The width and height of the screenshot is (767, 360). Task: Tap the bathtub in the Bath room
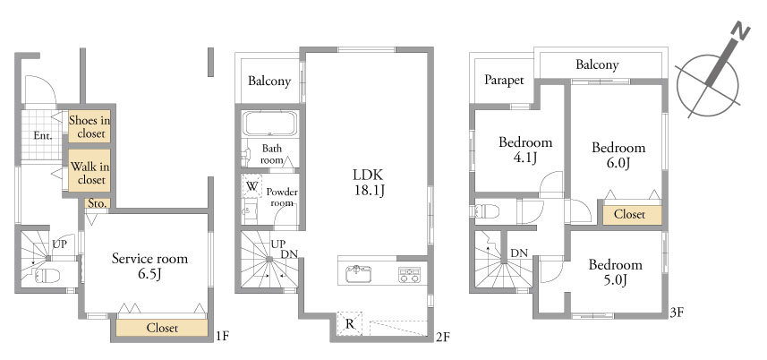click(270, 124)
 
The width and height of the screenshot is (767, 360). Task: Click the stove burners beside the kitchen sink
click(409, 275)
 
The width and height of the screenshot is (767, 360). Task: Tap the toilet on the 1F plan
click(47, 276)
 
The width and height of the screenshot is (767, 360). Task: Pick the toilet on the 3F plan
click(485, 211)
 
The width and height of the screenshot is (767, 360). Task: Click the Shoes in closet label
click(90, 126)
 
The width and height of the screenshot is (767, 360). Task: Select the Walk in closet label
click(89, 173)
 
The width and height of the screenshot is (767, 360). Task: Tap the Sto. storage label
click(97, 203)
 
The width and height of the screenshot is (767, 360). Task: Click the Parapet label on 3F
click(504, 81)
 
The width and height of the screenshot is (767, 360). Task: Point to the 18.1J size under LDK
click(369, 190)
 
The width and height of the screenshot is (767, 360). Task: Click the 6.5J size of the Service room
click(149, 274)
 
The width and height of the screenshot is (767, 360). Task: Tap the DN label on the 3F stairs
click(519, 253)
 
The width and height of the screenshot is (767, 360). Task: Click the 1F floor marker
click(222, 336)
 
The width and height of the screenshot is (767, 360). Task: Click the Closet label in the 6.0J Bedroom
click(629, 215)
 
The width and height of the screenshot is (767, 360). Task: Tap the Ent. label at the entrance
click(43, 136)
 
